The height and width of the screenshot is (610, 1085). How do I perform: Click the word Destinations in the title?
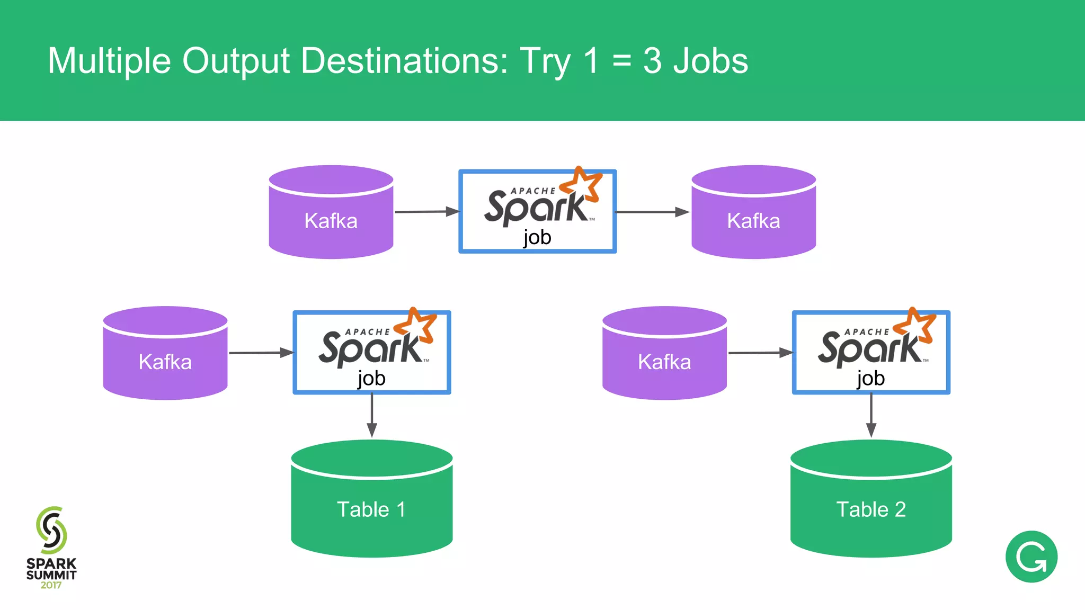click(x=404, y=60)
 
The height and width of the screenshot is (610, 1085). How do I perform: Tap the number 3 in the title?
click(x=652, y=60)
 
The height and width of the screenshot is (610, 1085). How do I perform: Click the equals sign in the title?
click(x=621, y=61)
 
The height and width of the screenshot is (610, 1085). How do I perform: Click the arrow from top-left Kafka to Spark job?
click(x=426, y=212)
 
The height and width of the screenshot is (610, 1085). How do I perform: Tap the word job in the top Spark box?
click(x=537, y=237)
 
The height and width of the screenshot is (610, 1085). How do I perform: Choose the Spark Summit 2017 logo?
click(x=51, y=548)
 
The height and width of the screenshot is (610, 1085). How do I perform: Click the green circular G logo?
click(x=1031, y=557)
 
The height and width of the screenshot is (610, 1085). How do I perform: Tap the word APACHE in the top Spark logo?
click(x=533, y=191)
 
